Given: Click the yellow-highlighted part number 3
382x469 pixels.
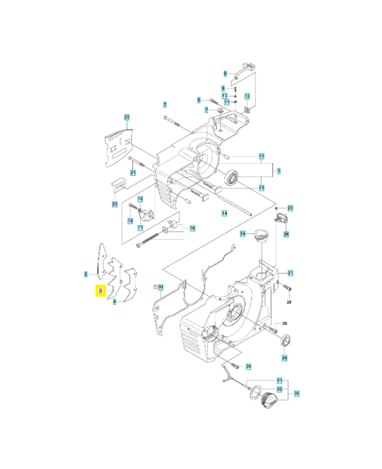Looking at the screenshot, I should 101,291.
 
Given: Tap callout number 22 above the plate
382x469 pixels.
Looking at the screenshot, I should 127,117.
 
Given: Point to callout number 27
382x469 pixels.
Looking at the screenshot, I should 291,273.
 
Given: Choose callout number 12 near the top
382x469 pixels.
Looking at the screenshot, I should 247,96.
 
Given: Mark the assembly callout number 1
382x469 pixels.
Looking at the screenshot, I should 279,171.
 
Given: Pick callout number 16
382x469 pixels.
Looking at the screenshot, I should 193,228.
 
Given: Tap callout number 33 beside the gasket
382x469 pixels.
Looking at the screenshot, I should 162,287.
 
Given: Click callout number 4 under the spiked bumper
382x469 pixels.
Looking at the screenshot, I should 115,302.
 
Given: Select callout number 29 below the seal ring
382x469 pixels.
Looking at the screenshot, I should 285,358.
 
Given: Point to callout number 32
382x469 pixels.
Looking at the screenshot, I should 279,388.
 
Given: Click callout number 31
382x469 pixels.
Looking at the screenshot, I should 279,380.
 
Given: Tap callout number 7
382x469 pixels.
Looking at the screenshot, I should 206,110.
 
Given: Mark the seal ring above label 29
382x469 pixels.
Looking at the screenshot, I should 286,339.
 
